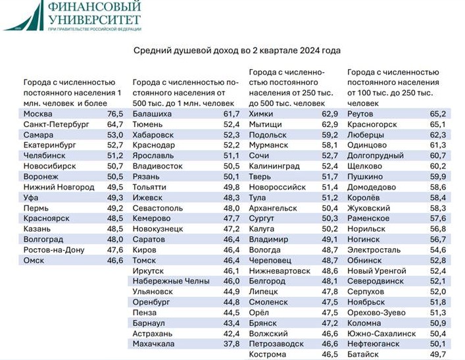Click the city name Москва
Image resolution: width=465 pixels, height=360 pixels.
coord(38,114)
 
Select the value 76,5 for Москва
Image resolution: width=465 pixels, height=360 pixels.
coord(115,114)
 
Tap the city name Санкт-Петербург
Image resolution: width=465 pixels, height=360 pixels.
coord(55,124)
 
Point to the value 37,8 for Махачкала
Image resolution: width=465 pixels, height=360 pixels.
coord(232,344)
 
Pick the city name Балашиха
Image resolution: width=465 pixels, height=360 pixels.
coord(153,114)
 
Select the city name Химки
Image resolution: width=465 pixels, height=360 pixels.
coord(264,114)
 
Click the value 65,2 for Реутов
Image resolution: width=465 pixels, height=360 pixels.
coord(438,114)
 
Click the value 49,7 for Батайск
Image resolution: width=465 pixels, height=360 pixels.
coord(438,354)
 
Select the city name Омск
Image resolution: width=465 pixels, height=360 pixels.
coord(35,260)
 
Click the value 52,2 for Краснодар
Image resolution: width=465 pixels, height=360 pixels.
coord(232,145)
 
